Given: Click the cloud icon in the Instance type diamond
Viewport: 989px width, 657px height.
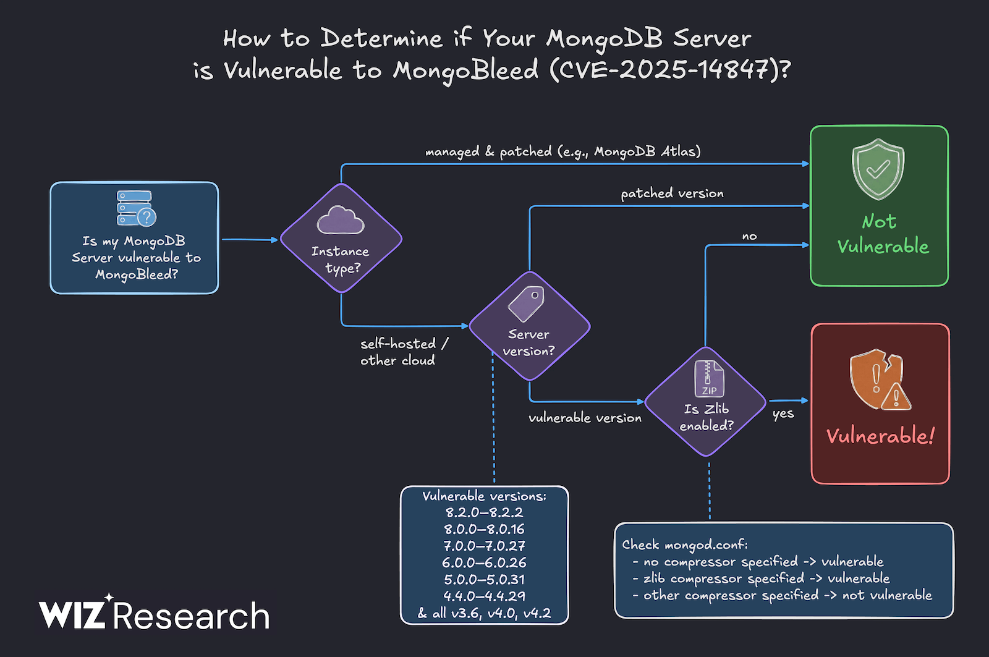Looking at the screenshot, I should click(x=341, y=220).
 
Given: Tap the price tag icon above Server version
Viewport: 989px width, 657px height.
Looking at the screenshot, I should click(x=527, y=303).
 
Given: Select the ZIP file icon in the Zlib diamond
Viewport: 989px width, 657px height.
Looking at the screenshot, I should click(x=708, y=378).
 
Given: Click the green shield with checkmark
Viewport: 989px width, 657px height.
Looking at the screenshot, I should click(x=878, y=169).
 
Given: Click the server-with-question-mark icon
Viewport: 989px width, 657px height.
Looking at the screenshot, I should click(x=136, y=208).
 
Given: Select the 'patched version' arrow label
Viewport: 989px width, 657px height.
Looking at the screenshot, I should click(x=672, y=193).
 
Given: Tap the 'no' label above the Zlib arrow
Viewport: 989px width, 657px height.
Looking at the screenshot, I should click(x=749, y=236).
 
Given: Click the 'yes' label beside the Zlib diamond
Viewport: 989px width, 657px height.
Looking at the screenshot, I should click(x=783, y=414).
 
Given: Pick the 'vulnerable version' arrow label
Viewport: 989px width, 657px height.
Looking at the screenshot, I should click(x=585, y=418).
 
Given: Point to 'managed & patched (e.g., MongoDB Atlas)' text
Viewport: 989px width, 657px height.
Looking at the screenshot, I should click(x=562, y=151).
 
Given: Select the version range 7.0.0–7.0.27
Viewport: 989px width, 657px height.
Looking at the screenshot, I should click(x=484, y=546).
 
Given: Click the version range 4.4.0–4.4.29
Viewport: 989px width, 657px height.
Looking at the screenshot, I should click(x=484, y=596).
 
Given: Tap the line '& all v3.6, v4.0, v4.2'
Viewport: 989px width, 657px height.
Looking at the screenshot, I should click(x=484, y=613).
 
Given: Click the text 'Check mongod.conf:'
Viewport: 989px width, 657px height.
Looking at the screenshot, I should click(x=685, y=545).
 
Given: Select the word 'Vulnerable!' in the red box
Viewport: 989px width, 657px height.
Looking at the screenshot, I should click(x=880, y=436).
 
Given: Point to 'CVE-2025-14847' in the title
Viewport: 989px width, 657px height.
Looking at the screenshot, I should click(x=665, y=69).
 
